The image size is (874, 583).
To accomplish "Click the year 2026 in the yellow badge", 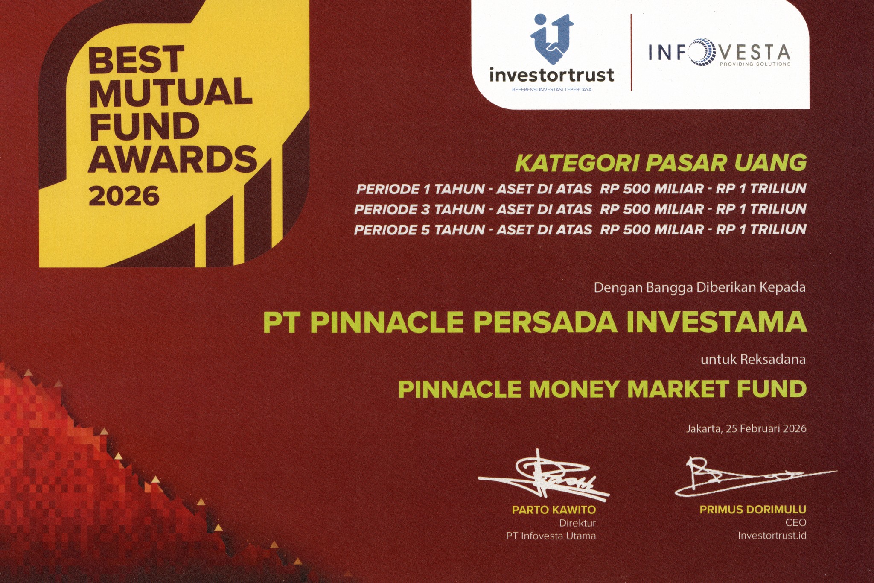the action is (x=124, y=196).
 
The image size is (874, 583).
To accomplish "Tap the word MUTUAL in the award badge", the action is (x=171, y=92).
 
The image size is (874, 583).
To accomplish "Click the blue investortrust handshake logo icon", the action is (x=551, y=38).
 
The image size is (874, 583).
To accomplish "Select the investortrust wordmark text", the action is (x=552, y=75).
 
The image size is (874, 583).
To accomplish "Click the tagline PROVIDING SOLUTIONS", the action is (x=755, y=64).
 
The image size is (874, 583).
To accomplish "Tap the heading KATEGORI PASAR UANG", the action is (x=661, y=163).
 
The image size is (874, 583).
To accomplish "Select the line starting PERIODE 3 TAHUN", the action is (x=580, y=209).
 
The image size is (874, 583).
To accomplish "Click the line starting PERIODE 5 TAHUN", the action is (x=580, y=230).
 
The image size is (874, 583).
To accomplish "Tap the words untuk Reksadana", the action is (x=753, y=359).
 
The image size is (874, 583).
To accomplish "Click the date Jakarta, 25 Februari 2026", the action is (x=746, y=428).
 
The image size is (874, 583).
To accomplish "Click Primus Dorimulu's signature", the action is (x=755, y=475).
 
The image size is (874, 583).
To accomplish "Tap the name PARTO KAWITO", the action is (x=554, y=510).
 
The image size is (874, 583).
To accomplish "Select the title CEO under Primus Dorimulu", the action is (x=796, y=522).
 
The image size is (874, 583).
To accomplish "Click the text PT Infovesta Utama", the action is (x=551, y=536).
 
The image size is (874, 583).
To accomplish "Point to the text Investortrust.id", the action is (x=772, y=536).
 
